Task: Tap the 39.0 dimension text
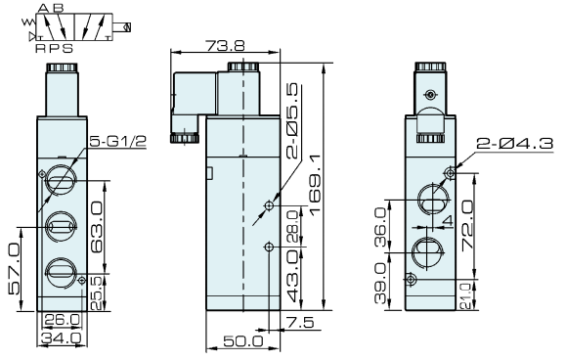[x=380, y=283]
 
